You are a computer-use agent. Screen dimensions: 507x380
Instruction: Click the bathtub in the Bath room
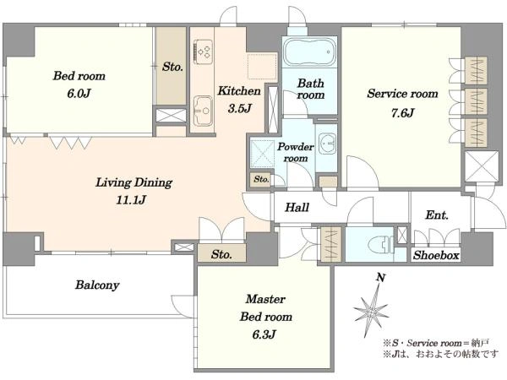[309, 52]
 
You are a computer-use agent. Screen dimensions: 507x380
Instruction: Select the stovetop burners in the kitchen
[204, 51]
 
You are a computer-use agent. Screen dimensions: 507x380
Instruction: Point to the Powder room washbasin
[327, 144]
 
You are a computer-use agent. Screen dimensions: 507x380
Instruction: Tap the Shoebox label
[436, 255]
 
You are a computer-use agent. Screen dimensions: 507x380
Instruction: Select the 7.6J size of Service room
[402, 113]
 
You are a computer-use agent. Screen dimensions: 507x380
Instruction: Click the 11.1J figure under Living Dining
[131, 200]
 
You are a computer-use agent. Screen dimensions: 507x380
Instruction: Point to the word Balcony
[97, 285]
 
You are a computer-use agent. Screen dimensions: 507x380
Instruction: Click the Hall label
[297, 207]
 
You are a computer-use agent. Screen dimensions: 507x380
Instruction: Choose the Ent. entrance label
[437, 214]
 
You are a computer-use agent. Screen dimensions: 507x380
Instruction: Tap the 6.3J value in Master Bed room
[264, 334]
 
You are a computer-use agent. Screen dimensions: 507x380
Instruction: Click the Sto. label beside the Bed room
[172, 67]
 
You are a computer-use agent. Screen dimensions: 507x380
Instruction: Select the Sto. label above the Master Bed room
[221, 255]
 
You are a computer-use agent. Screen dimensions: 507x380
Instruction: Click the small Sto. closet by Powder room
[261, 179]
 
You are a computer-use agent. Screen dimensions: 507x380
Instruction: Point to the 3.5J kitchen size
[240, 108]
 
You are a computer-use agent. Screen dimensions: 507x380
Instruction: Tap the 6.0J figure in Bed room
[79, 94]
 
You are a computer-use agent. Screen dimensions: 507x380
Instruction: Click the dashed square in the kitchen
[262, 67]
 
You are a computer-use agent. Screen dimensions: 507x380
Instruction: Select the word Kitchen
[239, 91]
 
